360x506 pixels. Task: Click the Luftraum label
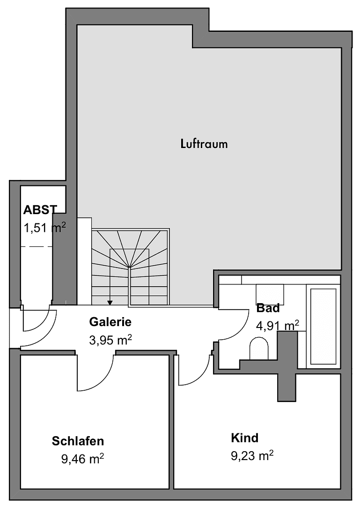204,143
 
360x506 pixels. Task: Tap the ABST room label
40,209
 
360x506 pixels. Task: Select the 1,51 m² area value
44,228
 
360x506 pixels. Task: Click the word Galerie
110,322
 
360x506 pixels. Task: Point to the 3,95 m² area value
110,340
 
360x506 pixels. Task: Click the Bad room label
268,308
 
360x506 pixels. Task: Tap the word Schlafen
78,441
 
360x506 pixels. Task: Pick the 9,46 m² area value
82,458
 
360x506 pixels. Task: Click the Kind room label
244,438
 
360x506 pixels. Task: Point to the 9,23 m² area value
252,455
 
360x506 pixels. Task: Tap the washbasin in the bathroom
270,293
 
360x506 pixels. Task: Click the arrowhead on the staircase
110,302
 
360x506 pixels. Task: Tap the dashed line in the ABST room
36,246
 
